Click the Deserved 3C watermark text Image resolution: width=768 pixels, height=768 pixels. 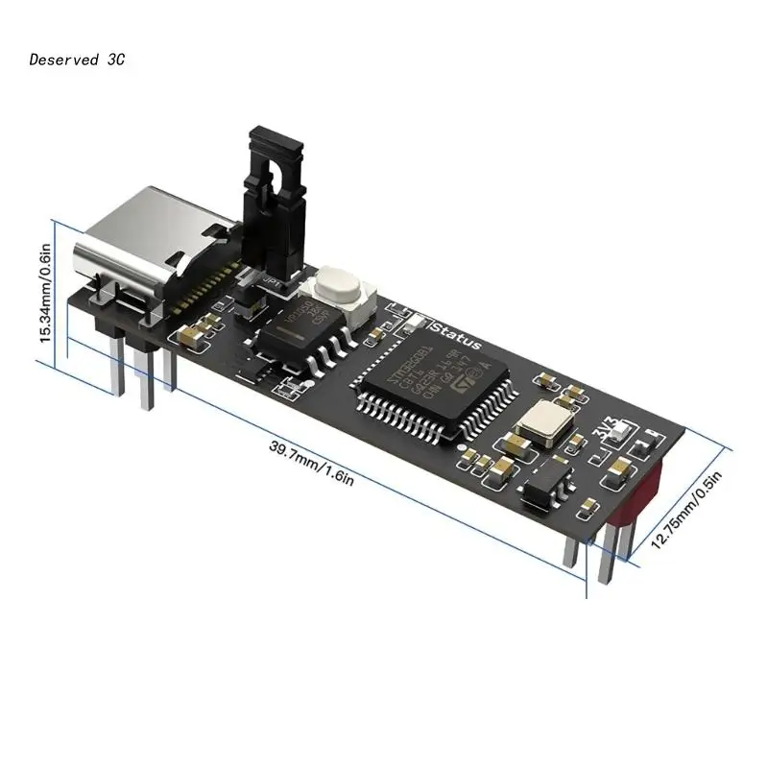pos(77,60)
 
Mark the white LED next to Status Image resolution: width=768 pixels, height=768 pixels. pos(416,322)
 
